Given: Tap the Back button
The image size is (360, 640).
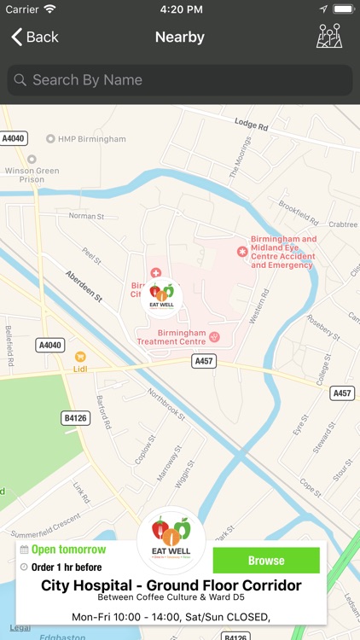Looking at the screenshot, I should click(x=35, y=37).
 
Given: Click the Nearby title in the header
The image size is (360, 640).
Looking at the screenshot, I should click(x=180, y=37).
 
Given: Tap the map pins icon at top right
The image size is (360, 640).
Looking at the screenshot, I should click(x=329, y=36).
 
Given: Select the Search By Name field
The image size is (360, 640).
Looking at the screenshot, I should click(x=180, y=80).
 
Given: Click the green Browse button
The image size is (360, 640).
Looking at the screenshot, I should click(x=266, y=561).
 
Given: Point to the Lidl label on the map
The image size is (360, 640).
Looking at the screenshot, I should click(x=80, y=369).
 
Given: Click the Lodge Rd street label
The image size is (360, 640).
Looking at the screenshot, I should click(x=252, y=126).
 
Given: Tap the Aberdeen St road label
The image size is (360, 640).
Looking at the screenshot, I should click(x=84, y=286).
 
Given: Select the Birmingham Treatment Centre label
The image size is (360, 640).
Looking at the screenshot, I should click(x=171, y=337).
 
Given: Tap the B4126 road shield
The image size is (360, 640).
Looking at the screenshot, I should click(x=75, y=417).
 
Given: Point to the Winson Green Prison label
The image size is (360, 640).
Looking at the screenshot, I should click(x=26, y=173).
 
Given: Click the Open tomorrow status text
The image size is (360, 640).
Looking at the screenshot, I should click(x=68, y=550).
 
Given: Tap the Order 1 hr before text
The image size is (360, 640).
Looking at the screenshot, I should click(x=67, y=567).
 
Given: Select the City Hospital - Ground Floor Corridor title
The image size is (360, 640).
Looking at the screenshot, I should click(x=171, y=585).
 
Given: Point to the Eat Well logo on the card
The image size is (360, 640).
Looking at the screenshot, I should click(x=171, y=538).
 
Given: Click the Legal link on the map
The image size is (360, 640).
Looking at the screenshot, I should click(x=20, y=627).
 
